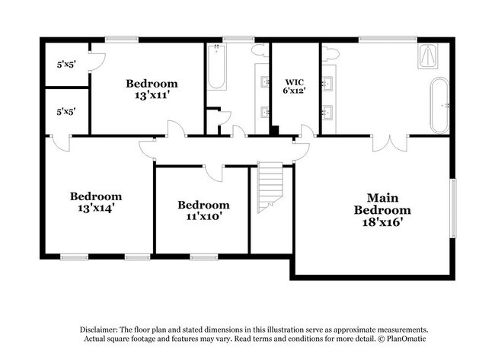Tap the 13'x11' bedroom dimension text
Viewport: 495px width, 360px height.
[x=152, y=96]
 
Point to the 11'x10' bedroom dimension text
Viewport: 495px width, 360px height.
[x=203, y=217]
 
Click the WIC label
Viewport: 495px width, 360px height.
[x=295, y=81]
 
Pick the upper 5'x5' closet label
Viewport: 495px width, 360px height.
[x=65, y=65]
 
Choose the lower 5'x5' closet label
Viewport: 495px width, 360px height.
[x=65, y=112]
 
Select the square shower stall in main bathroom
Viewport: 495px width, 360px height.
[x=428, y=58]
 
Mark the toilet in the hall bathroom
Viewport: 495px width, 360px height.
[x=259, y=49]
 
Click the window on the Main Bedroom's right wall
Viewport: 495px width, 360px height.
[x=453, y=208]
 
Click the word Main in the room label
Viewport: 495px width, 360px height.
[x=383, y=196]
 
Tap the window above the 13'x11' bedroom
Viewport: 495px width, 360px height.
[x=120, y=39]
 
